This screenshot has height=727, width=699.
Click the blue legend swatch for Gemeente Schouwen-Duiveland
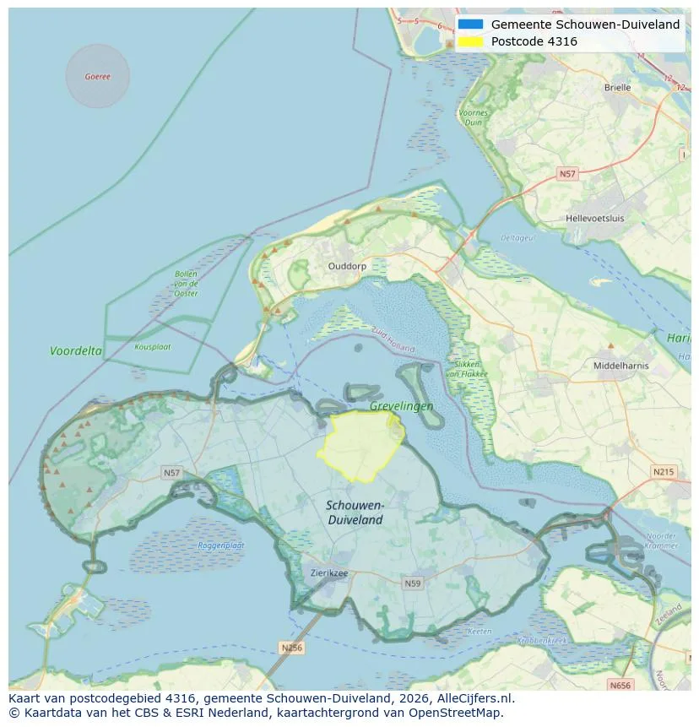tap(471, 24)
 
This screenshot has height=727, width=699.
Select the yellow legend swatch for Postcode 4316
tap(471, 41)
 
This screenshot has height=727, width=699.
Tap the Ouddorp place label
tap(346, 265)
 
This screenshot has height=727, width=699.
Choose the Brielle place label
tap(617, 87)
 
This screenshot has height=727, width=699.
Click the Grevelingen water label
tap(401, 406)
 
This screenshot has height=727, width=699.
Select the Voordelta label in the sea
tap(76, 350)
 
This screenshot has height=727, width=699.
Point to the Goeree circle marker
tap(97, 76)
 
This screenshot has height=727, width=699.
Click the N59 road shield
tap(413, 583)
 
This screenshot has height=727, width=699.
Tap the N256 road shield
tap(291, 648)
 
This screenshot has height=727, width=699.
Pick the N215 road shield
tap(664, 471)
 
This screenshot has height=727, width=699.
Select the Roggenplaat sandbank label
tap(220, 545)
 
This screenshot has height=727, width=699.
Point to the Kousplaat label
tap(153, 346)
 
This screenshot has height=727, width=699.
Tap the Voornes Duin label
tap(474, 117)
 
